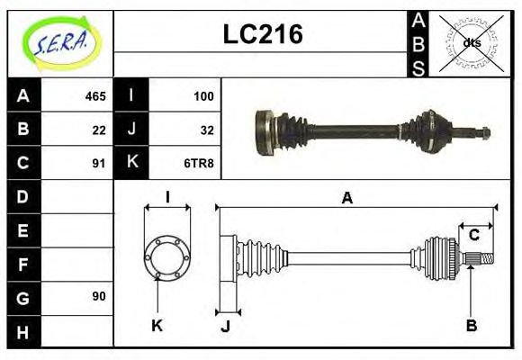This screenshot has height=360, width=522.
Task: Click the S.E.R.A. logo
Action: point(61,43)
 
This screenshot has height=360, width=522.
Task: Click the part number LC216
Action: point(262,34)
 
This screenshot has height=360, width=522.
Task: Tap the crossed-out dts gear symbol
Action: point(471,42)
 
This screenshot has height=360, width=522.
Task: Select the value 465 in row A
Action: point(95,95)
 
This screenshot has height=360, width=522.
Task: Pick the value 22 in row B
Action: point(99,129)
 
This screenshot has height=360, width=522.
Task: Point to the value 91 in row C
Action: point(99,163)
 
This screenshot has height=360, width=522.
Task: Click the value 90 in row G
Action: point(99,296)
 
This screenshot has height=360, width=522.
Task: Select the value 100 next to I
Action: point(203,95)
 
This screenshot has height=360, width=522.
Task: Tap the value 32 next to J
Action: point(207,129)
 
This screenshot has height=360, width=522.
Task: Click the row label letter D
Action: point(23,195)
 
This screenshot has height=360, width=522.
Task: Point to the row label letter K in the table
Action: point(131,163)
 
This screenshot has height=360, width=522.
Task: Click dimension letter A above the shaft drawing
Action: point(346,198)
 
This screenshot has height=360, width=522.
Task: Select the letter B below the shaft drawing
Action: point(471,325)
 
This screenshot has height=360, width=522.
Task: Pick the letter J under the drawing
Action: point(226,326)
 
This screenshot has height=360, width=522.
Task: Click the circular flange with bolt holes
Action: point(167,256)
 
